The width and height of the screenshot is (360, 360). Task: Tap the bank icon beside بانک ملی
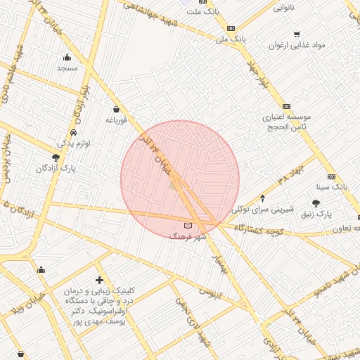(x=231, y=28)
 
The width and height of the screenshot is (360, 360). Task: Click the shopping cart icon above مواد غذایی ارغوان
(x=297, y=34)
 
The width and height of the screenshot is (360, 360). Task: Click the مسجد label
(x=67, y=68)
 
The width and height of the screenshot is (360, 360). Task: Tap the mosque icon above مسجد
(x=67, y=58)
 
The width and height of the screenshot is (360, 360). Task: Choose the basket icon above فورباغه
(x=115, y=110)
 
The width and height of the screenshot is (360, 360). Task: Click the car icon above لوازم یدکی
(x=74, y=132)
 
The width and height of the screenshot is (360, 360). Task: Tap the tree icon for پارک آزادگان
(x=56, y=158)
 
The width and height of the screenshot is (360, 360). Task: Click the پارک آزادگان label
(x=56, y=169)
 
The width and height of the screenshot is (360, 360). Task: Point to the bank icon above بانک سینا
(x=331, y=176)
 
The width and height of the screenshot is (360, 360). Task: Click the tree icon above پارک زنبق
(x=316, y=203)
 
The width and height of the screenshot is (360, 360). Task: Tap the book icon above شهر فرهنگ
(x=187, y=226)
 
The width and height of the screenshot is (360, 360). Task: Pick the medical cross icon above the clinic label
(x=99, y=280)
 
